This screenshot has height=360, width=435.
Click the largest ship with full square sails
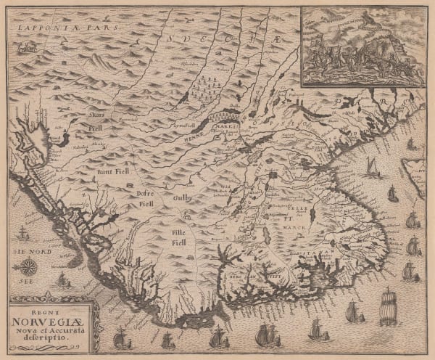click(x=388, y=305)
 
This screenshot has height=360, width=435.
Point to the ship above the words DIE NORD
click(x=22, y=233)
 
